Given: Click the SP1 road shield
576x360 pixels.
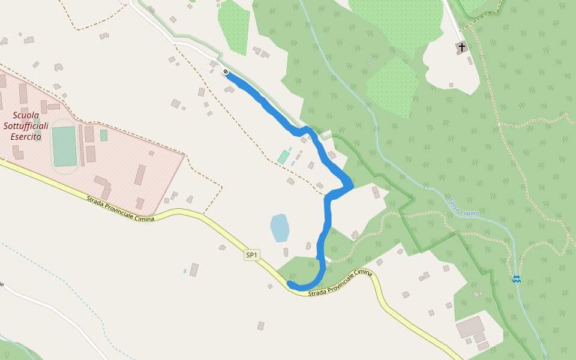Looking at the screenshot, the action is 252,255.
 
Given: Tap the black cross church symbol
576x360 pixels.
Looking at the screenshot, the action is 461,46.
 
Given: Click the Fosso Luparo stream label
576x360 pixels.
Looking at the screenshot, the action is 464,207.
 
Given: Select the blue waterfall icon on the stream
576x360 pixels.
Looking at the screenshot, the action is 516,278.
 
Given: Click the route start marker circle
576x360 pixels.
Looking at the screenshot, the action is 226,72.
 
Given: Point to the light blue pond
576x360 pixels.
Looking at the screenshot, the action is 280,227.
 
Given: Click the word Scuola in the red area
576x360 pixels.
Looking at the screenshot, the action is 26,115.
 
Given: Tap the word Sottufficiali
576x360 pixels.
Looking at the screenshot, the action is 25,125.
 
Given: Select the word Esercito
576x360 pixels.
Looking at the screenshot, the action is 26,136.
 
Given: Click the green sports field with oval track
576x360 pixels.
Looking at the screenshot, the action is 64,146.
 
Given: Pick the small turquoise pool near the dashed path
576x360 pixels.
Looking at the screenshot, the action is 283,157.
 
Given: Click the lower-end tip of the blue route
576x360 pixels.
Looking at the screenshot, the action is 290,283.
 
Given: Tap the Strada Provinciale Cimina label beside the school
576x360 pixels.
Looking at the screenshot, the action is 119,209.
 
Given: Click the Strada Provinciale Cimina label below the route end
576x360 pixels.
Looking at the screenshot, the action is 340,283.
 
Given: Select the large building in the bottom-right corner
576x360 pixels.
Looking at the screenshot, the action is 470,328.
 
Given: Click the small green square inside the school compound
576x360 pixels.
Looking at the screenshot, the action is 104,136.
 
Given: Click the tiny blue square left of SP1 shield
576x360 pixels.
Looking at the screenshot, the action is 185,271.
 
